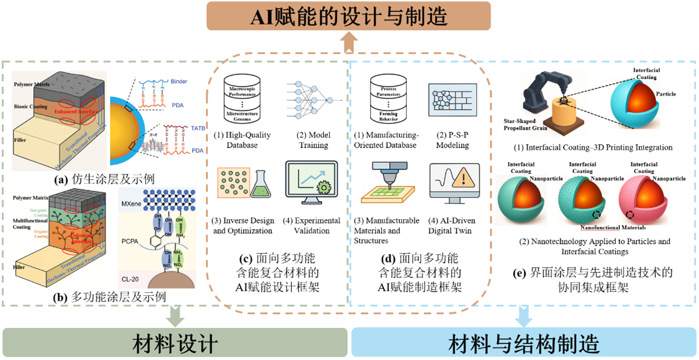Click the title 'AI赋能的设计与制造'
[348, 15]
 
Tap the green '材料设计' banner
[175, 343]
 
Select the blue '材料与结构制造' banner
[524, 343]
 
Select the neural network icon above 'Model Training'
[313, 97]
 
